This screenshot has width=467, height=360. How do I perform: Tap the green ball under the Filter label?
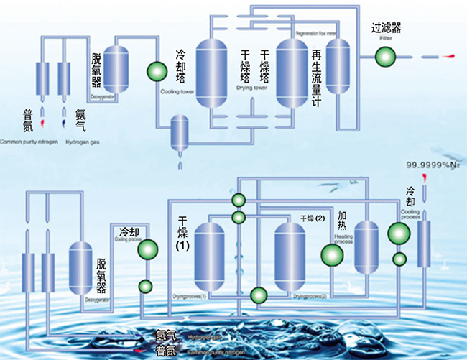coord(386,55)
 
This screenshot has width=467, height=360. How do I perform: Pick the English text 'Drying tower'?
coord(251,88)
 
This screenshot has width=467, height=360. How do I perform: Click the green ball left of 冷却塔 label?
coord(156,70)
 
